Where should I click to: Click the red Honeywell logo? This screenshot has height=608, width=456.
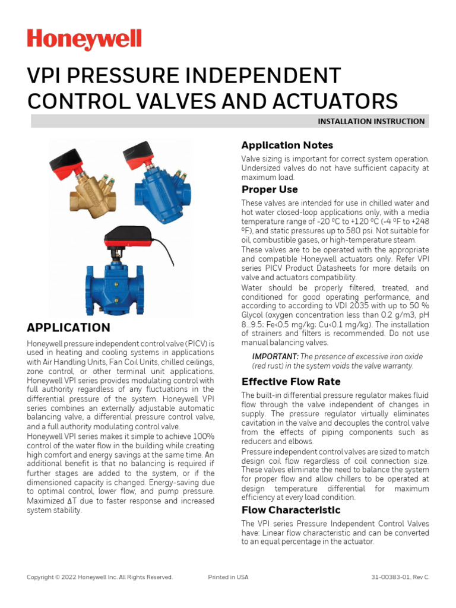[x=84, y=40]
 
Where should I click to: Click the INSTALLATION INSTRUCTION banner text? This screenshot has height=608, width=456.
[x=371, y=121]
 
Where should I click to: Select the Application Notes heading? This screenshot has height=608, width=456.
[x=287, y=145]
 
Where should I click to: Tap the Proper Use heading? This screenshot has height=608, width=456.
[x=270, y=189]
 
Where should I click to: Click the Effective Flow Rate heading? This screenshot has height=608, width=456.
[x=291, y=381]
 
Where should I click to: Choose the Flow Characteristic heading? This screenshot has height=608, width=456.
[x=291, y=510]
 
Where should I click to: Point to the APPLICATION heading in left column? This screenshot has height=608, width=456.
[x=69, y=328]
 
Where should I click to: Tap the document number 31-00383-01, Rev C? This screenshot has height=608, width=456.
[x=400, y=577]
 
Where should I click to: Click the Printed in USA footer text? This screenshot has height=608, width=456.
[x=228, y=577]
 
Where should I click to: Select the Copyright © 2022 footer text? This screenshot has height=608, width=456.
[x=100, y=577]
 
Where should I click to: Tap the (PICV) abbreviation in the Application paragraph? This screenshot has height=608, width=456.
[x=190, y=344]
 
